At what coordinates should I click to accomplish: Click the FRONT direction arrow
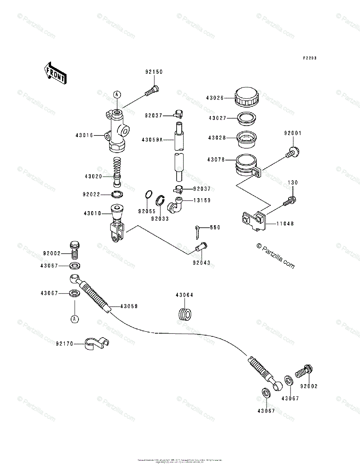pos(54,73)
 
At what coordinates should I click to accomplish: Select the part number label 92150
pos(154,72)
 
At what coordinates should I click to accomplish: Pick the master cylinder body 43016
pos(117,131)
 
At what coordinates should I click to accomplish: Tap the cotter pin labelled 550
pos(199,231)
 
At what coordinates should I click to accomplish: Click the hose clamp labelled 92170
pos(97,344)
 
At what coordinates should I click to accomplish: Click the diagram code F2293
pos(309,58)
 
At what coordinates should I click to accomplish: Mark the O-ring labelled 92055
pos(148,195)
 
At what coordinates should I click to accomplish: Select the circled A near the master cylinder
pos(117,94)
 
